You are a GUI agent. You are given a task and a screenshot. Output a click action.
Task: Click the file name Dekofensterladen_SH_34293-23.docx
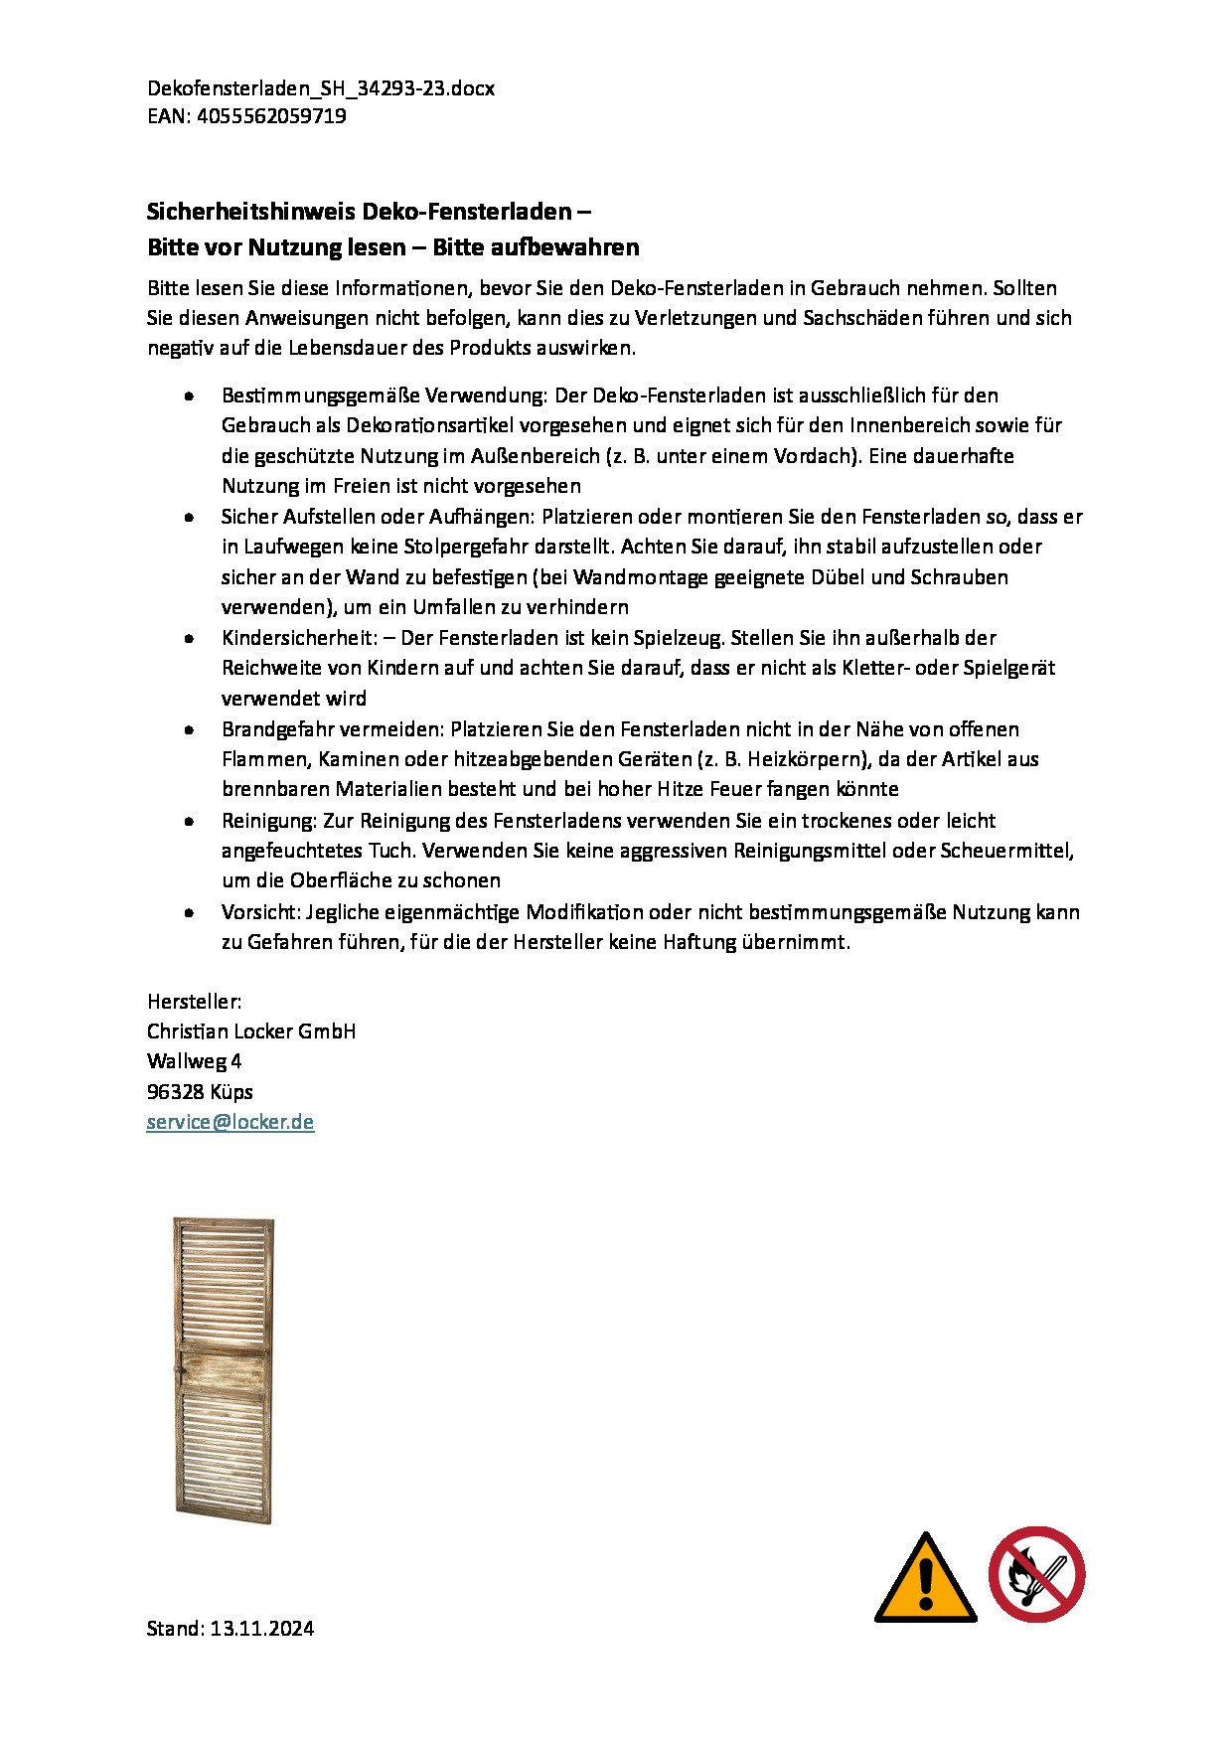[x=321, y=88]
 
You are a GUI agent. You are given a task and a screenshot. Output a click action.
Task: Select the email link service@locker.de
[x=231, y=1122]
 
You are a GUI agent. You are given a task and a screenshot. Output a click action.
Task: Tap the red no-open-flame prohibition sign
[x=1036, y=1574]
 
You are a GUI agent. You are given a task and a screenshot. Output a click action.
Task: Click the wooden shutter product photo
[x=224, y=1369]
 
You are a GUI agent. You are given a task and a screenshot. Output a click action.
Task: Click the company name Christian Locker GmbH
[x=251, y=1031]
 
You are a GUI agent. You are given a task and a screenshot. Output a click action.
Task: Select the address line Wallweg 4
[x=195, y=1061]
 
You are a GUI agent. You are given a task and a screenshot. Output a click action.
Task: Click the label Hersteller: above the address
[x=195, y=1002]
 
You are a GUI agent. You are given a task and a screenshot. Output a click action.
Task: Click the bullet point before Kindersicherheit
[x=189, y=638]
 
